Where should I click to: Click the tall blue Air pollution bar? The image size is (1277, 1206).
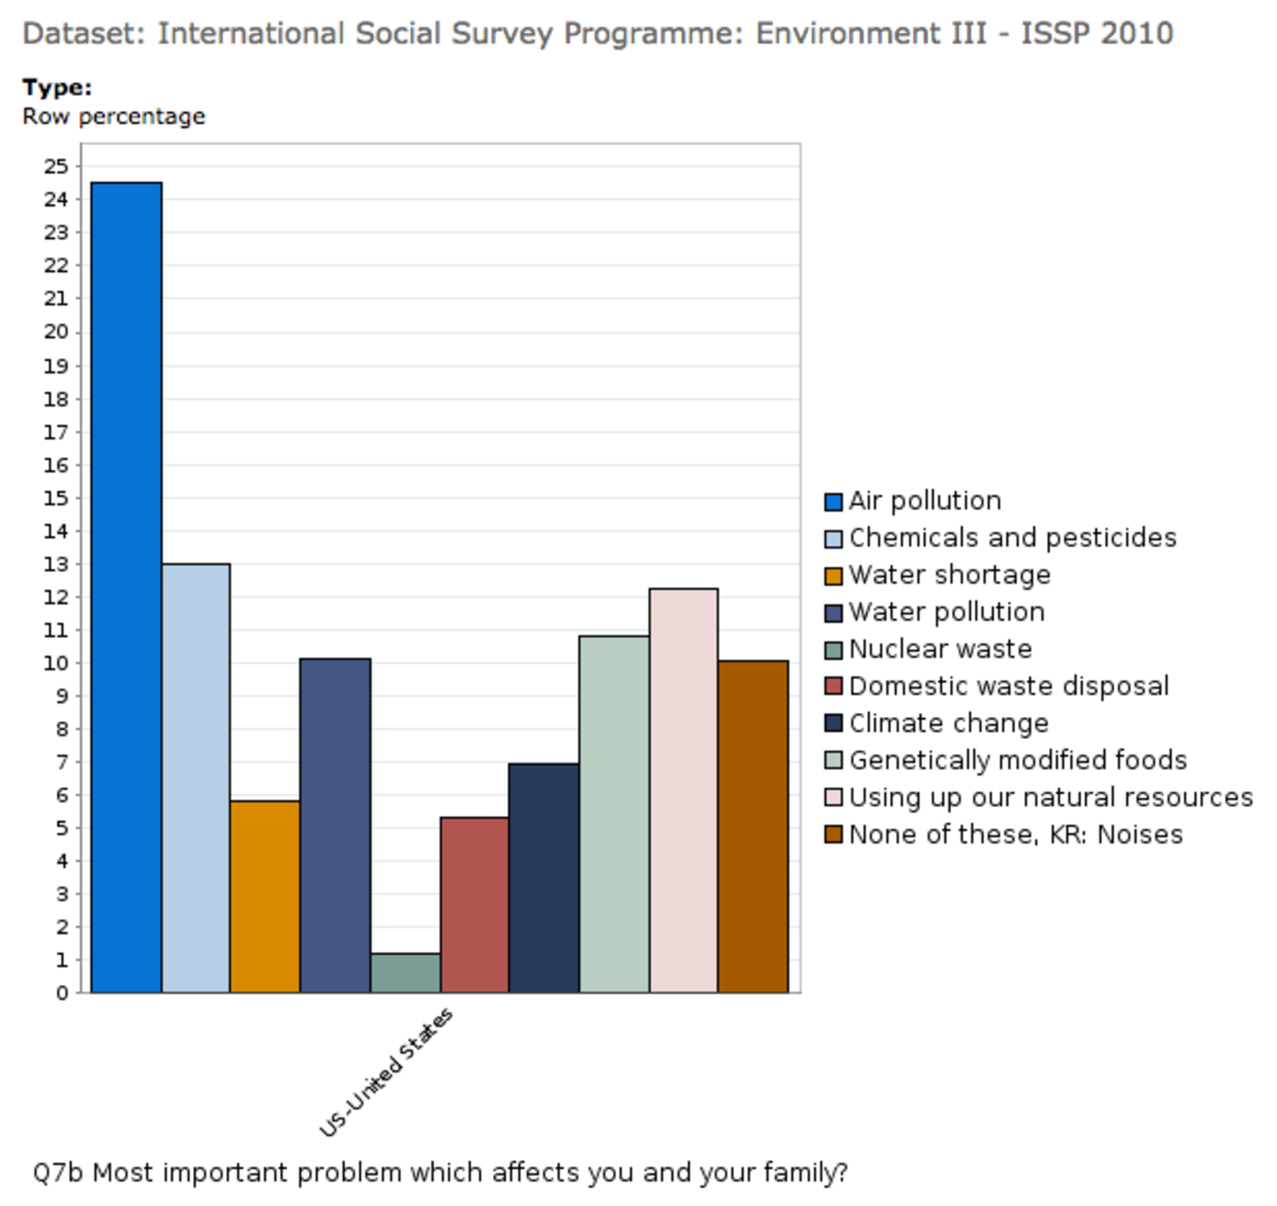[126, 588]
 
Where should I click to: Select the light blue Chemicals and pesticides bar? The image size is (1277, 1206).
[196, 778]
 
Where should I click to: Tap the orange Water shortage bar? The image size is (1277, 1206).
[265, 896]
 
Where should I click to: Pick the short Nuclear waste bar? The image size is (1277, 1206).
[405, 973]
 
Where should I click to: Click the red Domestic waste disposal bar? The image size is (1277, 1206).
[474, 905]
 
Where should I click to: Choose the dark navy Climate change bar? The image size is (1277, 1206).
[543, 878]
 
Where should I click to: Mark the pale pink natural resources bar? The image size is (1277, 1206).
[683, 790]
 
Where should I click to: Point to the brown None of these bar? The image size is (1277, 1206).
[753, 827]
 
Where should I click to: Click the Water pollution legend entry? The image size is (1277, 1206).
[946, 612]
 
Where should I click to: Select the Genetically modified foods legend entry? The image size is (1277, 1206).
[1017, 760]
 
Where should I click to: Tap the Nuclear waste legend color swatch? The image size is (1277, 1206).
[833, 650]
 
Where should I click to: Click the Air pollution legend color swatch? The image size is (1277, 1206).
[833, 502]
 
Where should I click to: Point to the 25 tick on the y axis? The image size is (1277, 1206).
[56, 166]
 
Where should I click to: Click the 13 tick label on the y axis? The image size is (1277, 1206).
[56, 564]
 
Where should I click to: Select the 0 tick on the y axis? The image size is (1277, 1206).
[62, 992]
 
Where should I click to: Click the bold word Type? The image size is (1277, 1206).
[57, 88]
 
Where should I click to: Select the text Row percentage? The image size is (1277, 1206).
[114, 117]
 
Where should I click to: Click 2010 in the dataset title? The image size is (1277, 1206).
[1135, 34]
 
